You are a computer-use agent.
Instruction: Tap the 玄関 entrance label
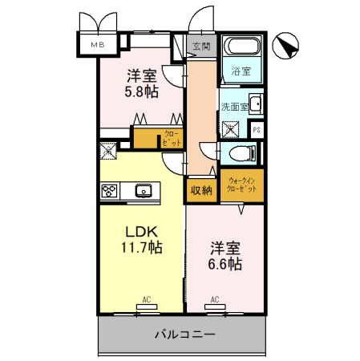200,47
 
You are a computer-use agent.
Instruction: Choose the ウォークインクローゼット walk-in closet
242,186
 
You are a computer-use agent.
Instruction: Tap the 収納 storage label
201,190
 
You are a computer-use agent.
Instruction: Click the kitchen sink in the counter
145,190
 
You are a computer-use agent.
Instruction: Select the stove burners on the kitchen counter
110,190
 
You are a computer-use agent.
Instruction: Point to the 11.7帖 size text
141,249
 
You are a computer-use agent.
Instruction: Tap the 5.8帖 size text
141,92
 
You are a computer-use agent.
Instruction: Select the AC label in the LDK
147,300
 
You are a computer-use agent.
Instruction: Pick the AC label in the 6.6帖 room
215,300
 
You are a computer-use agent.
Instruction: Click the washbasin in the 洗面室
256,103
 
